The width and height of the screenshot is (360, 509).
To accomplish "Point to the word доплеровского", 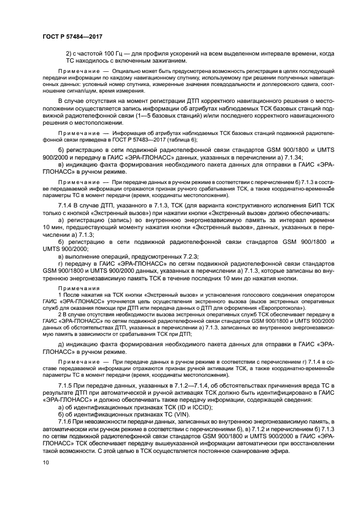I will coord(264,84).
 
